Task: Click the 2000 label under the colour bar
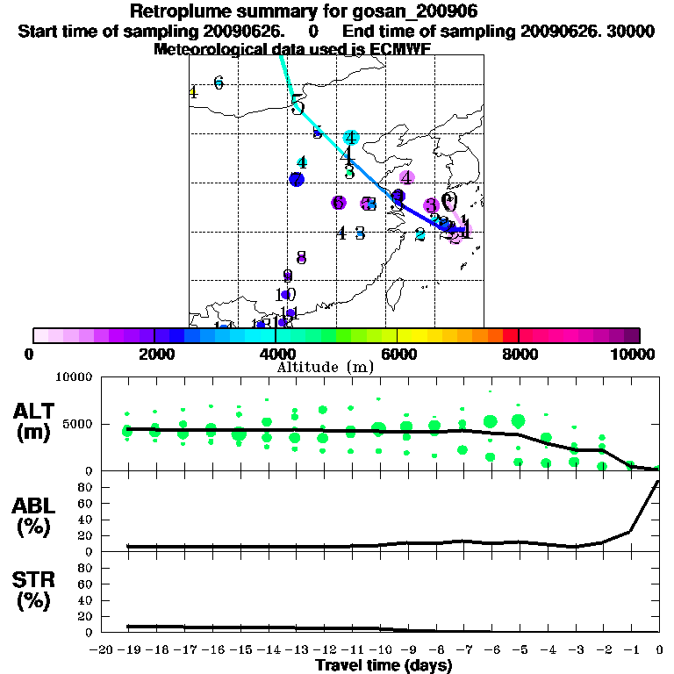154,355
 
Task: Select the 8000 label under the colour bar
519,355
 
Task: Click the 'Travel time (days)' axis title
384,666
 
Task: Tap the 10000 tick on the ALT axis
75,377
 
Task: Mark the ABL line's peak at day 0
658,481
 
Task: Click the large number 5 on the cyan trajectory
298,105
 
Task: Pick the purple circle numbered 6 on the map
339,203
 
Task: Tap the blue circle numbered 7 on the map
297,179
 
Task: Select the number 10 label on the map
286,295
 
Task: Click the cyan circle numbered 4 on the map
351,138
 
